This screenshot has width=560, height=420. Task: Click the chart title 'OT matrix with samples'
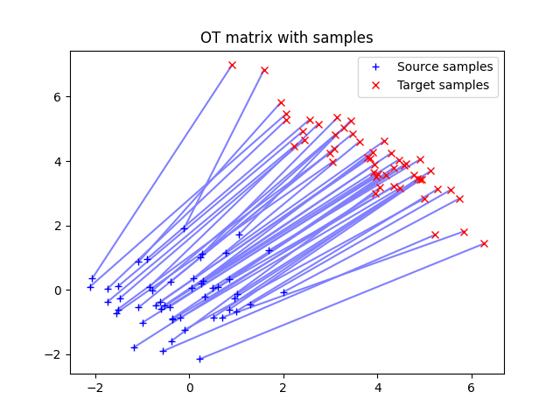(x=287, y=38)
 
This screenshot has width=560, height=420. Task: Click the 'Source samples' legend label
(x=444, y=66)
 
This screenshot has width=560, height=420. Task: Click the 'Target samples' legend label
(x=443, y=85)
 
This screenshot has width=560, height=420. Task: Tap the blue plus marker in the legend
(x=377, y=66)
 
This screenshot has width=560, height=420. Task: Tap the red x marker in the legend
(x=377, y=85)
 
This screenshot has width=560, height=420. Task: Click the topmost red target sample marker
(x=232, y=65)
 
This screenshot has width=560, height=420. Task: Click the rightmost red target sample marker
(x=484, y=243)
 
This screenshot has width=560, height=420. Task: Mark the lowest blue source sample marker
(x=199, y=359)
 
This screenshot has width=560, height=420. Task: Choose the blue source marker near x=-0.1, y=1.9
(x=184, y=228)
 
